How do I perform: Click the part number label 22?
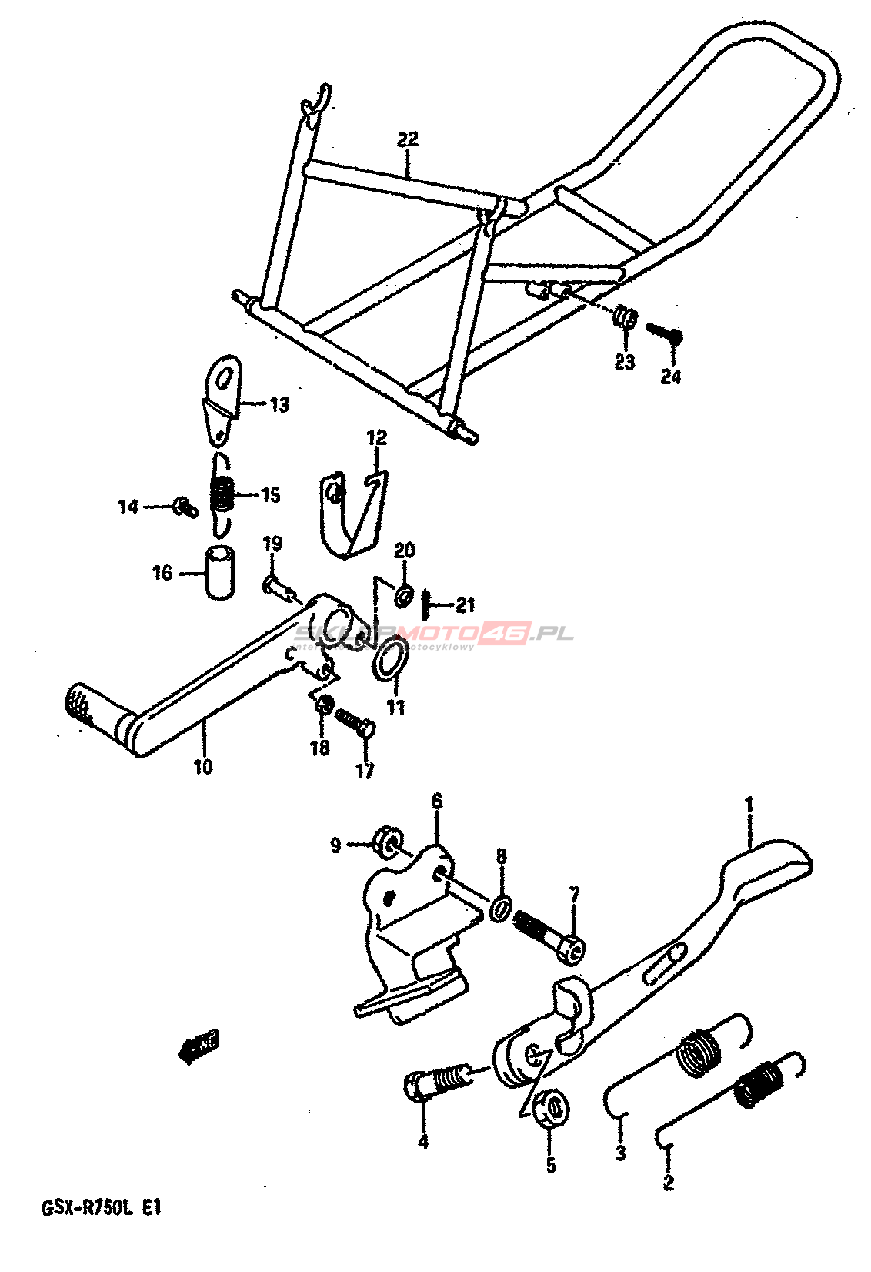(x=408, y=139)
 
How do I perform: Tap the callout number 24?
(x=671, y=377)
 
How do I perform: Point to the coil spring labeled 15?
(x=222, y=494)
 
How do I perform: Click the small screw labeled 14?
(x=185, y=506)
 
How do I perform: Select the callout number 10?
(x=203, y=767)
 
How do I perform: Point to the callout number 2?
(x=668, y=1182)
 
